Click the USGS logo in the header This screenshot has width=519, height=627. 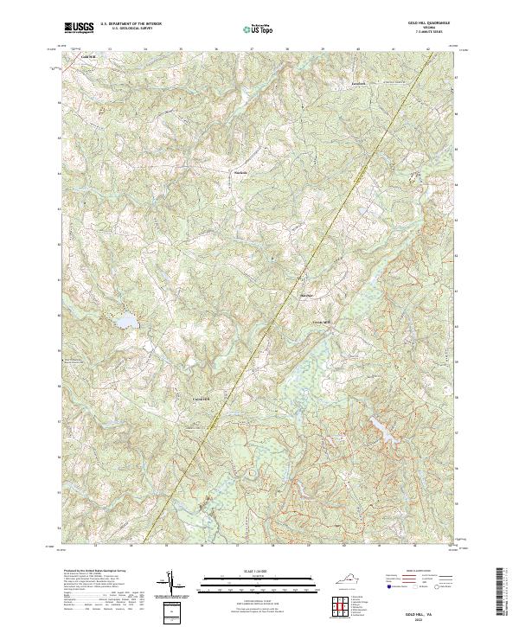79,28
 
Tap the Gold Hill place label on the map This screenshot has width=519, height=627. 86,57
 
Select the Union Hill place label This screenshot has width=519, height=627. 201,399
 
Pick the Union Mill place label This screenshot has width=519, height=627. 321,323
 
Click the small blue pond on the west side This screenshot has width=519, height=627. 126,322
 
